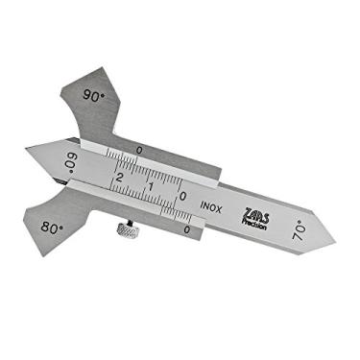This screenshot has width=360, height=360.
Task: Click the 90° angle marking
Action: pos(93,96)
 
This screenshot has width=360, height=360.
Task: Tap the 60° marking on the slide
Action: pos(69,159)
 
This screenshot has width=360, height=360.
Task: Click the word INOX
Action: pos(212,204)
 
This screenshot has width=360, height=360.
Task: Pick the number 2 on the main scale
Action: pos(118,179)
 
